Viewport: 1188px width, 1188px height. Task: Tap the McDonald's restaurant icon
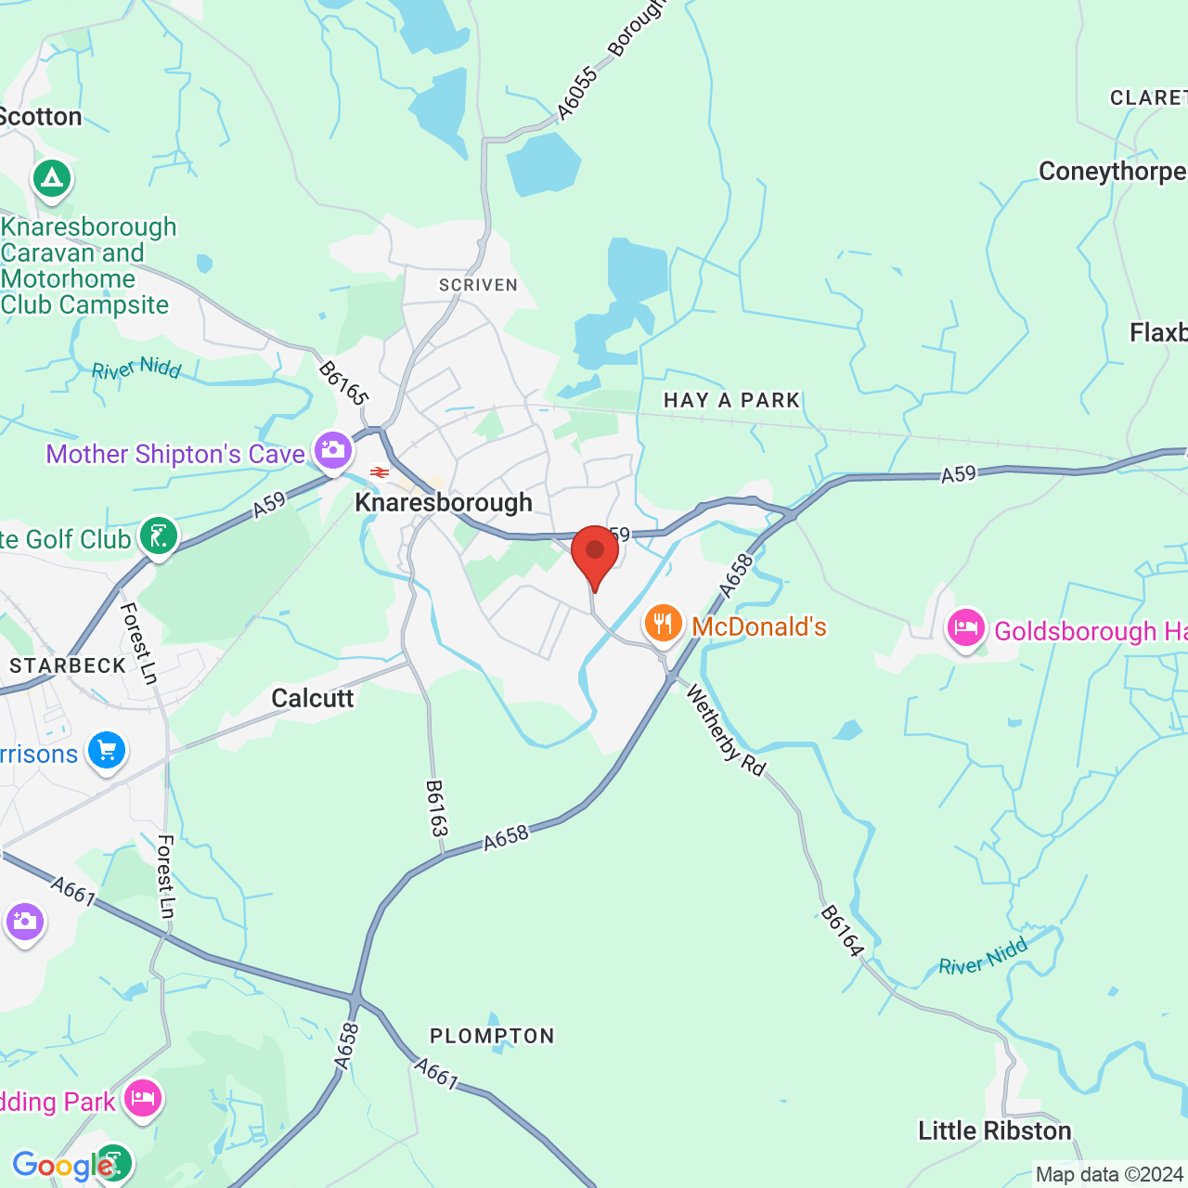coord(663,624)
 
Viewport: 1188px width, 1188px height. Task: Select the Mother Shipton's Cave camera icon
coord(332,451)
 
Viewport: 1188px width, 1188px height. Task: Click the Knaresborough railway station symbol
coord(379,473)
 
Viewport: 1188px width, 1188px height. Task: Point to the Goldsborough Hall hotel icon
coord(965,628)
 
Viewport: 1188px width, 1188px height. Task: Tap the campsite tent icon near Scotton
coord(52,177)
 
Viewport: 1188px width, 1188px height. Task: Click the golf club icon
coord(159,536)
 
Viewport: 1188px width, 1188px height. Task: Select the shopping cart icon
coord(106,750)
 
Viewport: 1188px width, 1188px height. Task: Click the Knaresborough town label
coord(444,503)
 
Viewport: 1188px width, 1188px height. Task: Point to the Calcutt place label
coord(313,698)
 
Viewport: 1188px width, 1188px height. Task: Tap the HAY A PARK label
coord(731,400)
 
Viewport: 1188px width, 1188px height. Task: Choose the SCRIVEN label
coord(478,285)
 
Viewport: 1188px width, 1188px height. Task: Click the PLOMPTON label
coord(492,1036)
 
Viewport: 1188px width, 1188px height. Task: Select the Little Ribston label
coord(995,1130)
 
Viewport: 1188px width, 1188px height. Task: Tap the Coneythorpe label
coord(1112,172)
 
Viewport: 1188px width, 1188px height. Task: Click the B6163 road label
coord(436,808)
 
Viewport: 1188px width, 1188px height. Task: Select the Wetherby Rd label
coord(726,731)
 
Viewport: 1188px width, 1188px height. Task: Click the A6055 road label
coord(577,94)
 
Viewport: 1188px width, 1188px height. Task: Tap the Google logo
coord(63,1166)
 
